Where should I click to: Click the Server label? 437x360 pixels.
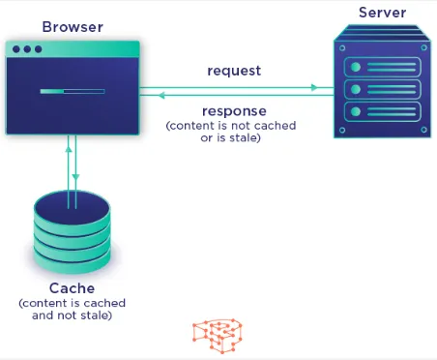381,12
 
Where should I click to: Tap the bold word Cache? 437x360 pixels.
72,288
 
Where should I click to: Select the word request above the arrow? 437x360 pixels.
234,71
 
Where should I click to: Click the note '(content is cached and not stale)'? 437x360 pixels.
72,309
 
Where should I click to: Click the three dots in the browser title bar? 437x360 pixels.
27,48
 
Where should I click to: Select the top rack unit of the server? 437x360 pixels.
380,67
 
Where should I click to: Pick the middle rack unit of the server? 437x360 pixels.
380,90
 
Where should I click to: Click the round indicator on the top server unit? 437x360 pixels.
356,67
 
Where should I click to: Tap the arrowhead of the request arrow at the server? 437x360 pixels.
314,87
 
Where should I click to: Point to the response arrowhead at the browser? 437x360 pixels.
161,96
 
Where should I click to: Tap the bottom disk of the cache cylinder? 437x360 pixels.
72,262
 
